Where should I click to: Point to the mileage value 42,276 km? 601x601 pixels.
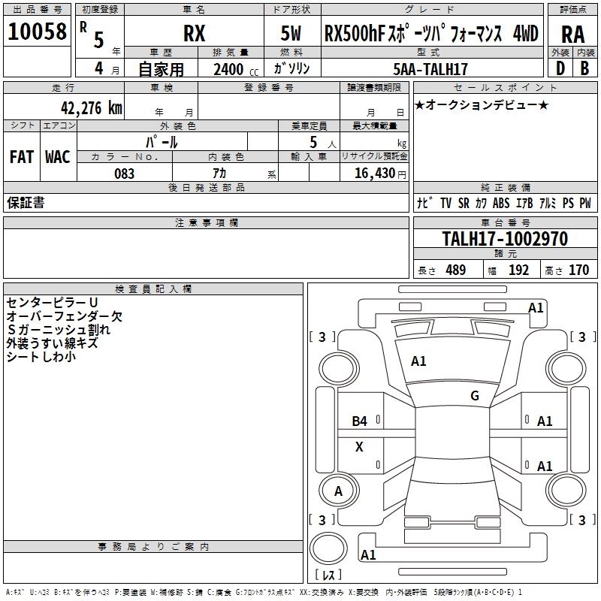tap(73, 108)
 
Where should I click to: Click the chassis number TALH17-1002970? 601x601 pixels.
tap(505, 239)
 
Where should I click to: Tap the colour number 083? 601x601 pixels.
tap(124, 174)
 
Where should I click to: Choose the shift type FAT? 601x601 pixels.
tap(21, 156)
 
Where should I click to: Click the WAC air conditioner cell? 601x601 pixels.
tap(57, 156)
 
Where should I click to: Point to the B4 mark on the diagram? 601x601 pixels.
tap(360, 421)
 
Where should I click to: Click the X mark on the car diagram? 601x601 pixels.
tap(359, 447)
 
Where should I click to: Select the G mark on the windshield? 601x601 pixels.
tap(475, 395)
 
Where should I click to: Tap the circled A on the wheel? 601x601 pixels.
tap(338, 491)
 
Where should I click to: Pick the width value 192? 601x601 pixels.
tap(518, 270)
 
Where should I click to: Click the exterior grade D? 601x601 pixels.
tap(560, 69)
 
